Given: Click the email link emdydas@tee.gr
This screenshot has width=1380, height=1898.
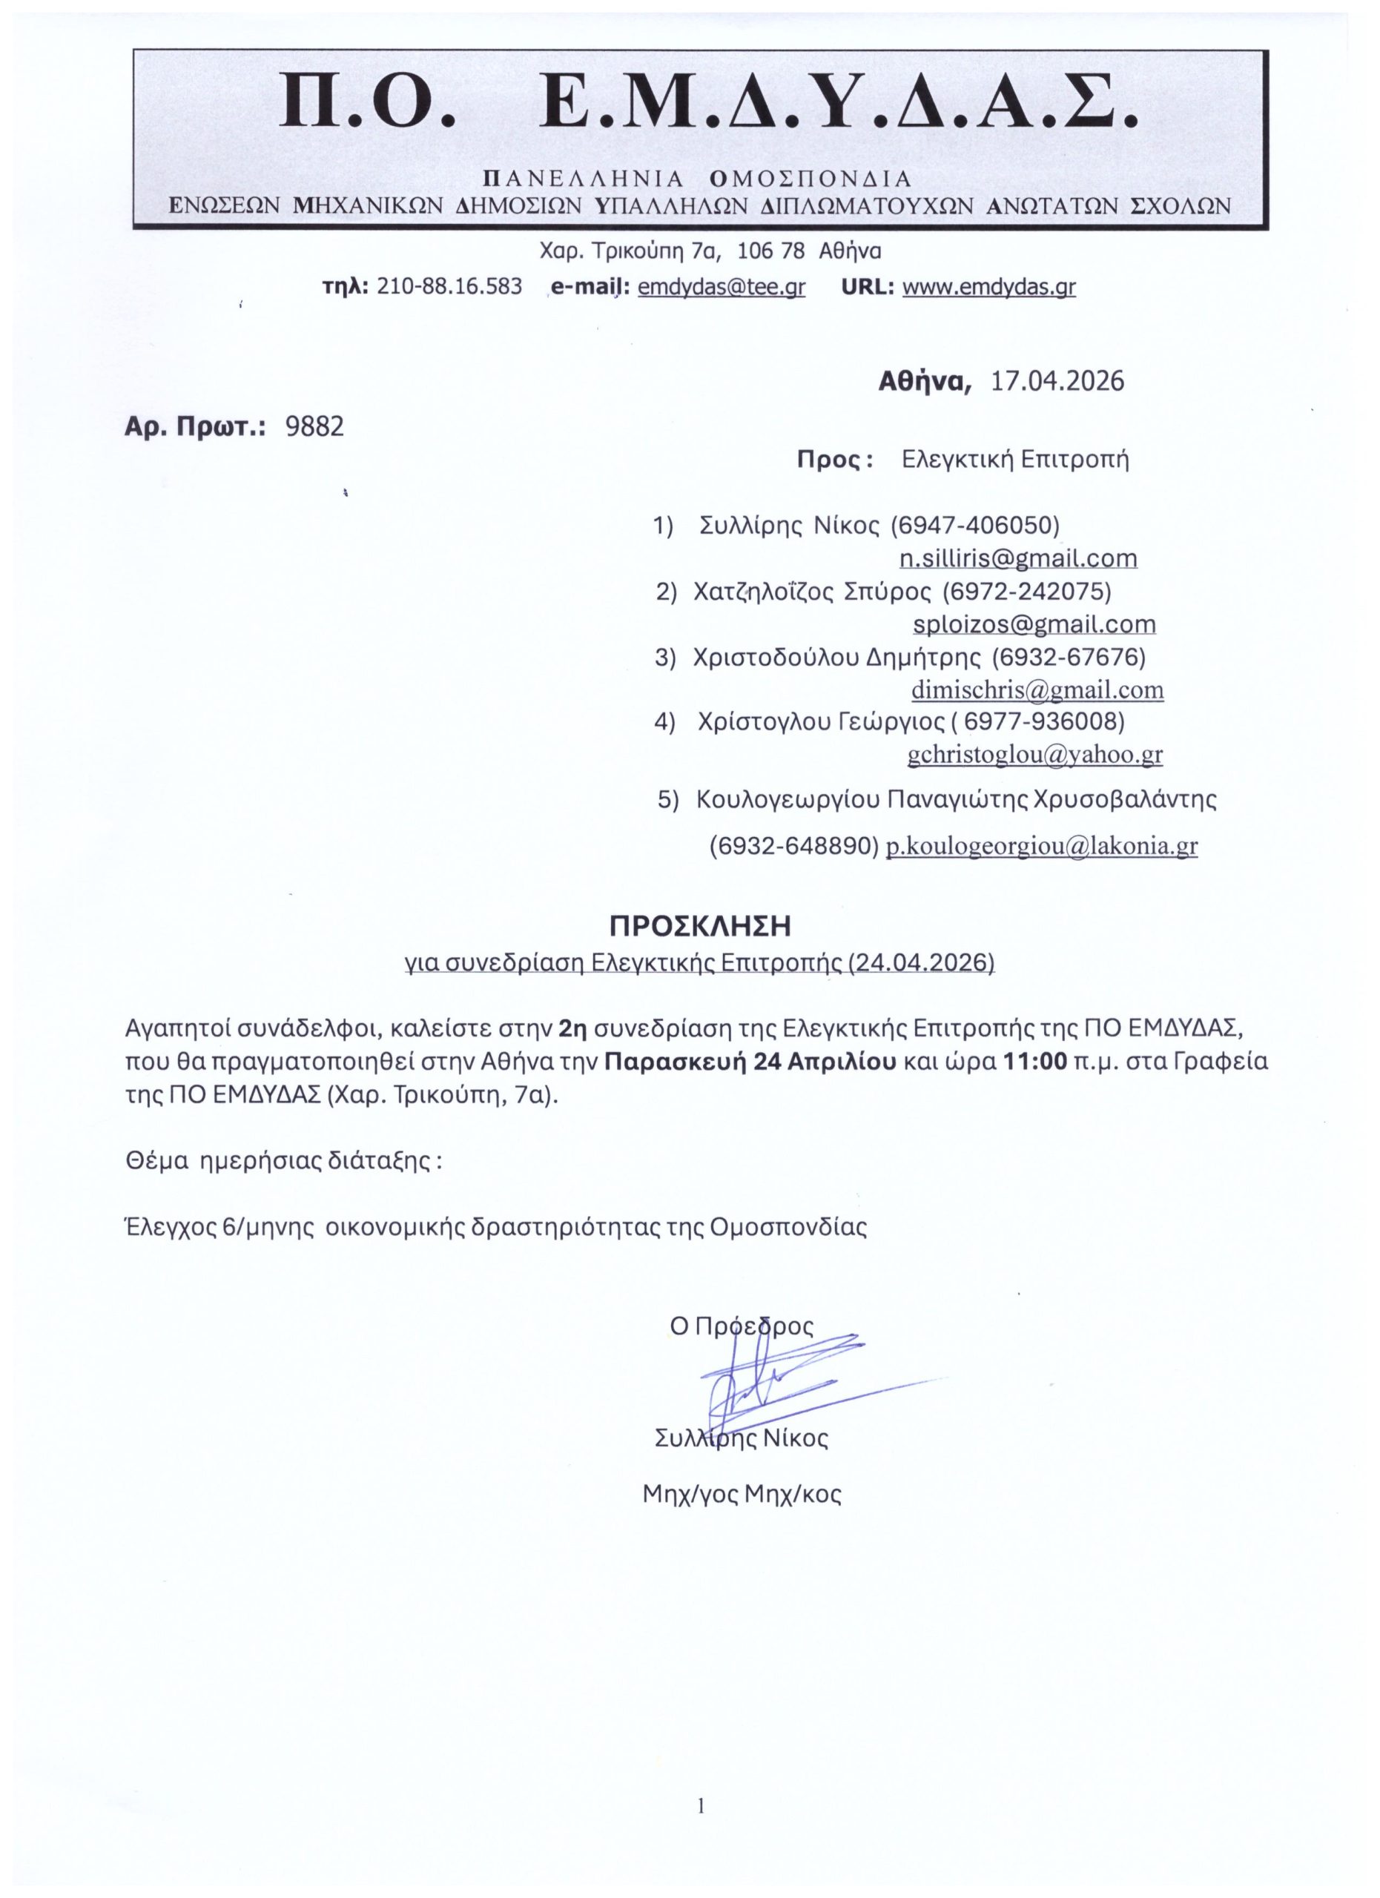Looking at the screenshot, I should pos(721,287).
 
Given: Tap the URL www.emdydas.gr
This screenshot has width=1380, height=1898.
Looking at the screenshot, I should pos(989,287).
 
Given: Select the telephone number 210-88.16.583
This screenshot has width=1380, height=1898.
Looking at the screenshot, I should pos(450,287).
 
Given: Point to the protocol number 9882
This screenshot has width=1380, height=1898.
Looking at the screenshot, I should pos(314,428).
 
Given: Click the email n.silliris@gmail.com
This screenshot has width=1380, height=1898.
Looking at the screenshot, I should pos(1017,558).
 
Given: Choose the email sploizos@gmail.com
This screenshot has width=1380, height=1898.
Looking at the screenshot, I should pos(1034,624).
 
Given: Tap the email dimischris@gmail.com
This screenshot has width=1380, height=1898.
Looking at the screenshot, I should pos(1037,690).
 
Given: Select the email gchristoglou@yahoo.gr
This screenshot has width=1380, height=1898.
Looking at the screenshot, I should pos(1035,755).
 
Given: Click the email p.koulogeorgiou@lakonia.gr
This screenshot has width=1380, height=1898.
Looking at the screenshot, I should pos(1042,847).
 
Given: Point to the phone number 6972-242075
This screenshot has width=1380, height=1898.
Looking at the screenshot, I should pos(1027,592).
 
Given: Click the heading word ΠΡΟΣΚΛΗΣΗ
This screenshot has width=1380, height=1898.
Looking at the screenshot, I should pos(699,927).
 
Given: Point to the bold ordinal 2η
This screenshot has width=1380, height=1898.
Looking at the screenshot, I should pos(573,1027).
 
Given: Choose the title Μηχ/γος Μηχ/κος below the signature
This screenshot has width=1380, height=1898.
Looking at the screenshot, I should pos(742,1495).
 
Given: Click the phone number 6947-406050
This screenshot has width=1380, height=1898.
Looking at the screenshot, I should pos(976,526).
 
